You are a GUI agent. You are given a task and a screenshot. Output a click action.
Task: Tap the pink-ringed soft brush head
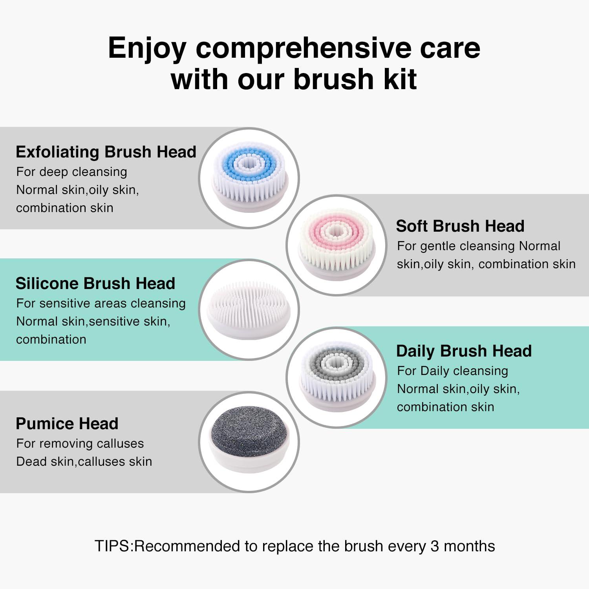point(337,244)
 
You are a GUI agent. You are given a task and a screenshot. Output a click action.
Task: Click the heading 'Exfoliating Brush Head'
point(106,152)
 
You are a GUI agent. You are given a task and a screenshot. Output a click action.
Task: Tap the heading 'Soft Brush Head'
point(460,226)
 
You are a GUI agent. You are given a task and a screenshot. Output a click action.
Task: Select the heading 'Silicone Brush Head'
point(95,284)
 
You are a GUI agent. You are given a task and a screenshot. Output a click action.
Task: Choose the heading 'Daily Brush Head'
point(464,351)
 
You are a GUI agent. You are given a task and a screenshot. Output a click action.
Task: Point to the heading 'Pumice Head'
point(67,424)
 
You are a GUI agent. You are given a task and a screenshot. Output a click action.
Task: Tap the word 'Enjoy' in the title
point(147,48)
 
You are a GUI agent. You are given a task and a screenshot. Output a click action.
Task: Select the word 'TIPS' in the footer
point(112,546)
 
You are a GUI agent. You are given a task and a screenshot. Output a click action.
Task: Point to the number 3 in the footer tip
point(434,546)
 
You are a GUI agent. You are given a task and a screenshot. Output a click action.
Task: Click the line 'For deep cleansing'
point(71,172)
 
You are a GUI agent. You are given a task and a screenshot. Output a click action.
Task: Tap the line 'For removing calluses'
point(80,444)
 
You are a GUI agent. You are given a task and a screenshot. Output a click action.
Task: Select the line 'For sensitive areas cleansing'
point(101,304)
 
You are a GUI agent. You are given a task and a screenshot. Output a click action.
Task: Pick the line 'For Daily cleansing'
point(452,371)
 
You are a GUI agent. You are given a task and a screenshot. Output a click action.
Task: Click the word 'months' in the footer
point(469,546)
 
